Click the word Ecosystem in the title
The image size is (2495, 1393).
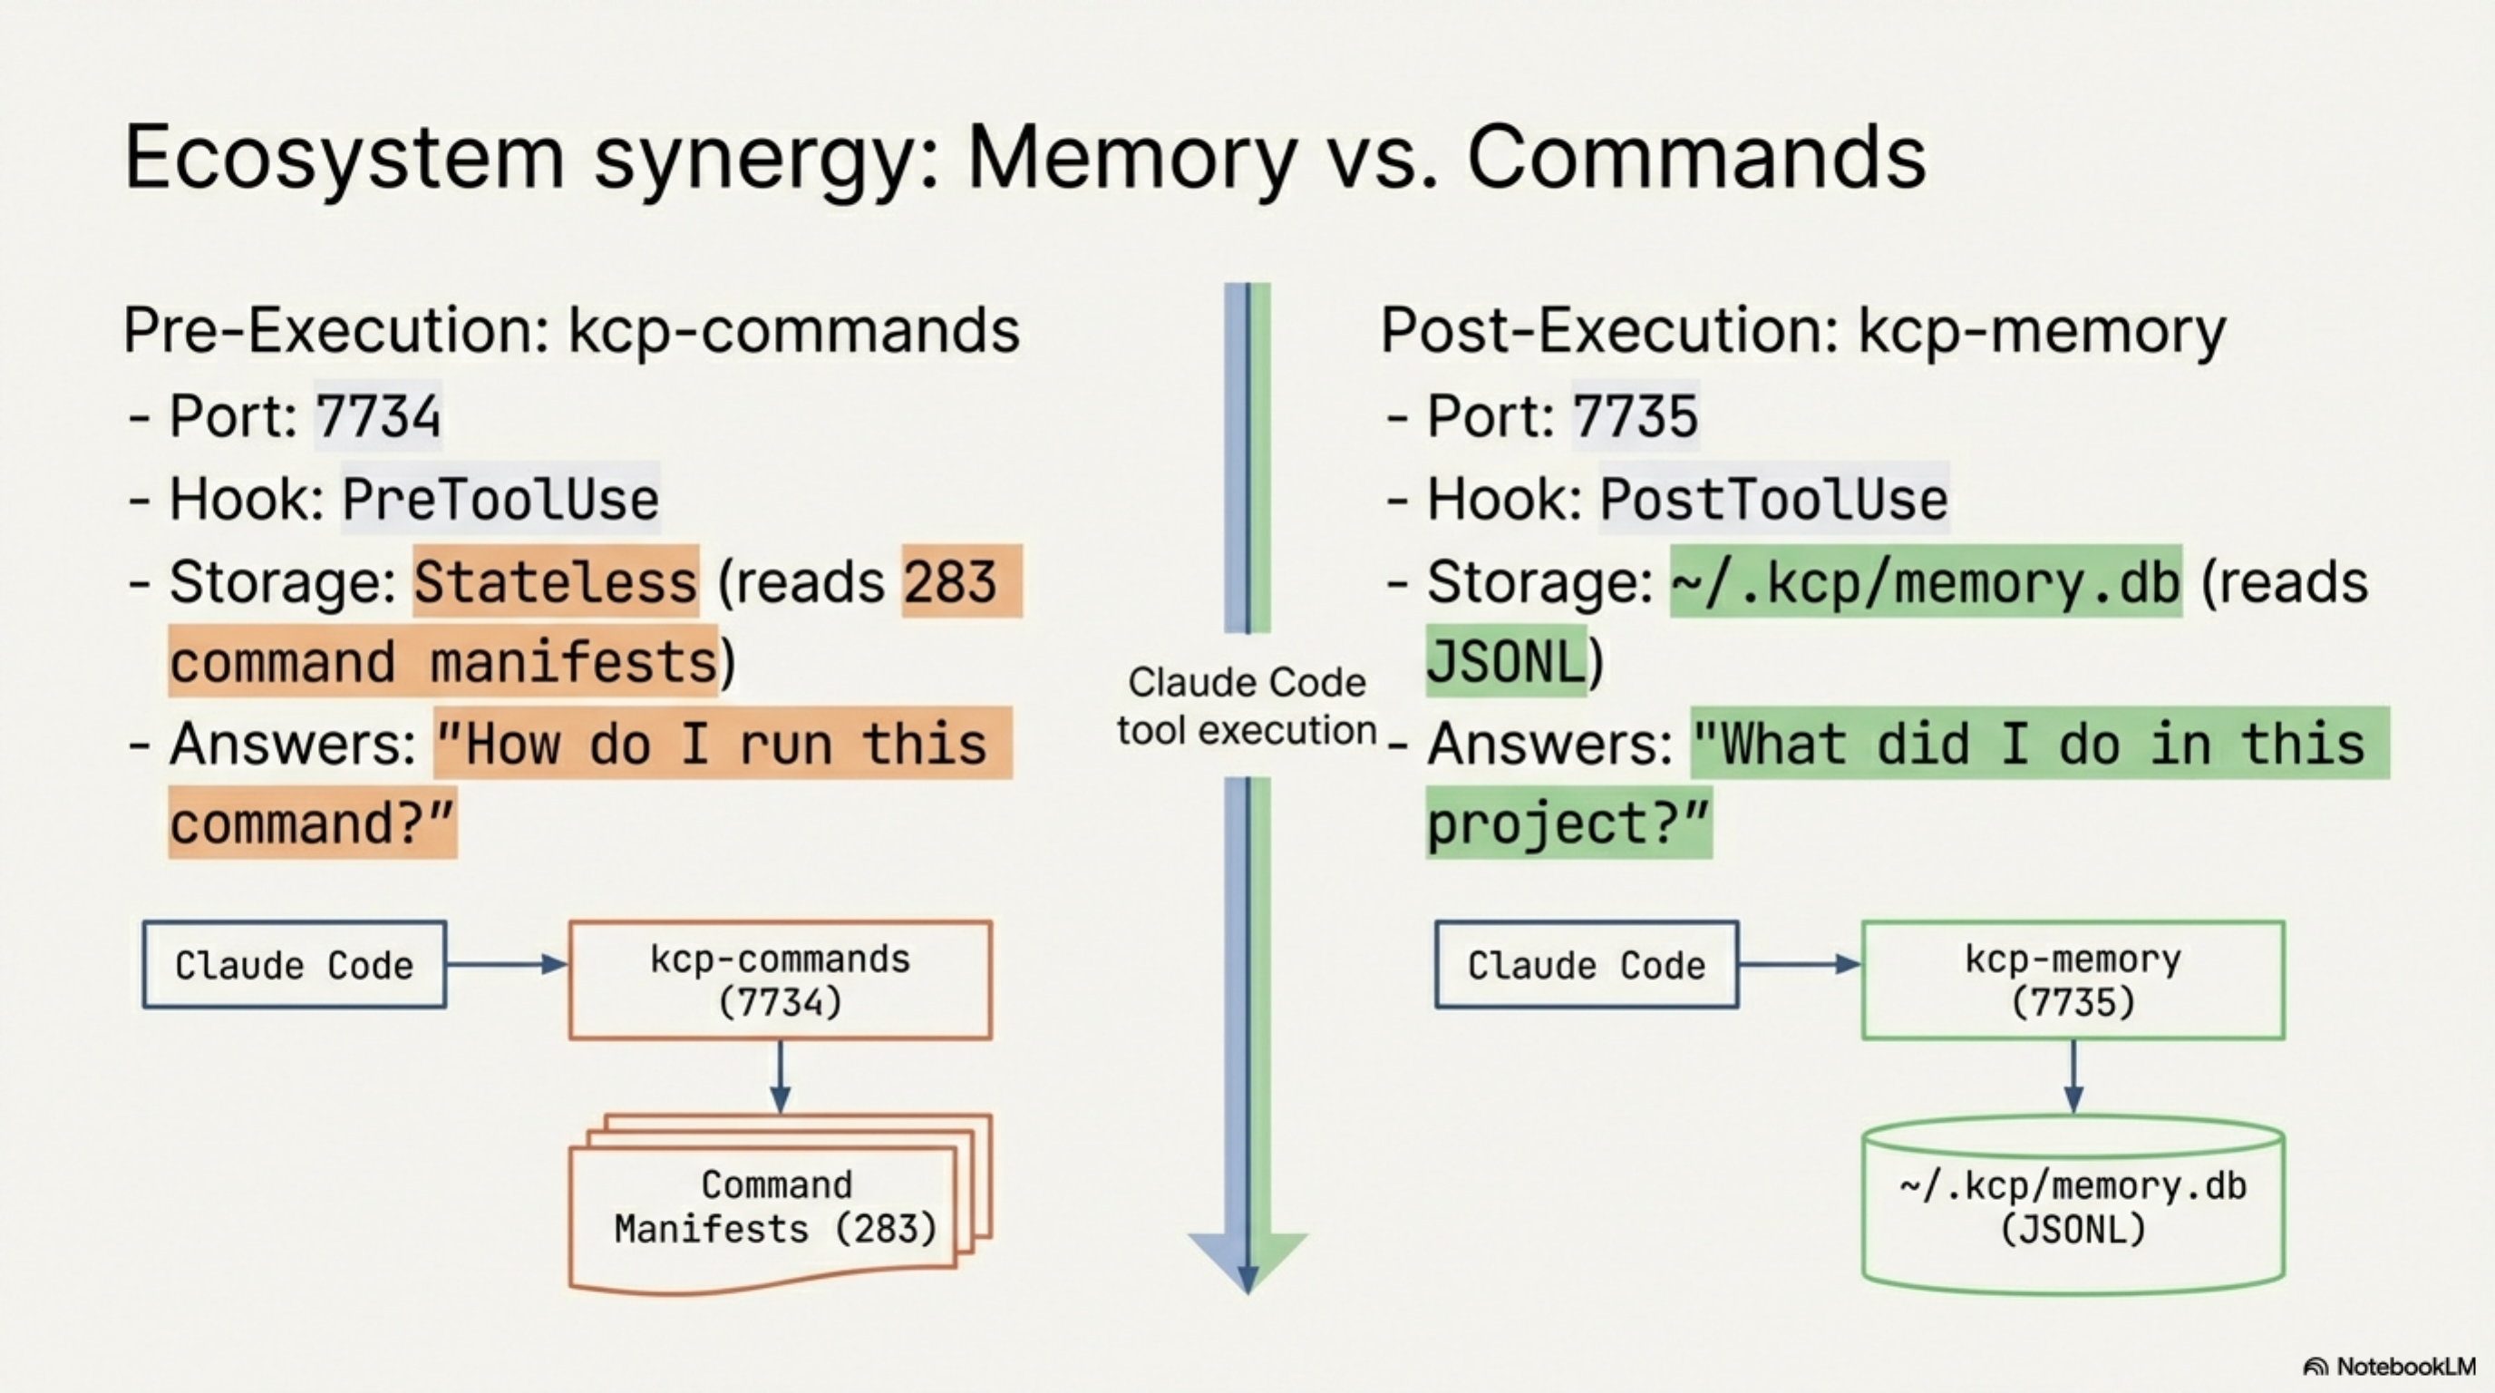tap(344, 158)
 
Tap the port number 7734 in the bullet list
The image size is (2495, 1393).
tap(378, 416)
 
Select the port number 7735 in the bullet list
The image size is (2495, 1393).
tap(1635, 416)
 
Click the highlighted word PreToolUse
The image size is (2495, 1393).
tap(500, 500)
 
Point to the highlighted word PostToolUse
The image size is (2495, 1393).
tap(1772, 500)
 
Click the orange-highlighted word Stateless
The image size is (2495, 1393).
tap(555, 582)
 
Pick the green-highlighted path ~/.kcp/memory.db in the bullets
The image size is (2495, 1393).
tap(1926, 582)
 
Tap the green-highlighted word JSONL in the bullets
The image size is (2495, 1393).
tap(1505, 663)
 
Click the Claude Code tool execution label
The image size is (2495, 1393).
tap(1247, 706)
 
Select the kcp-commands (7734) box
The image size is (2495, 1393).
tap(780, 980)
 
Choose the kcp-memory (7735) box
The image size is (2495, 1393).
tap(2073, 980)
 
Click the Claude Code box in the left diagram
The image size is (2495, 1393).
tap(295, 966)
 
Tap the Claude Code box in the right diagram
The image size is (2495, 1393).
tap(1587, 966)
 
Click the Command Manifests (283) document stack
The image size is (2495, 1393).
tap(775, 1207)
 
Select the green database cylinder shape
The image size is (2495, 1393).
tap(2073, 1207)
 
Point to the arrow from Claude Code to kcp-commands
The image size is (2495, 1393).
tap(506, 964)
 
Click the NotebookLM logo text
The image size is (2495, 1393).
tap(2404, 1367)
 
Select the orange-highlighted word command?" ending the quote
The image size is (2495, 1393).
tap(312, 824)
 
